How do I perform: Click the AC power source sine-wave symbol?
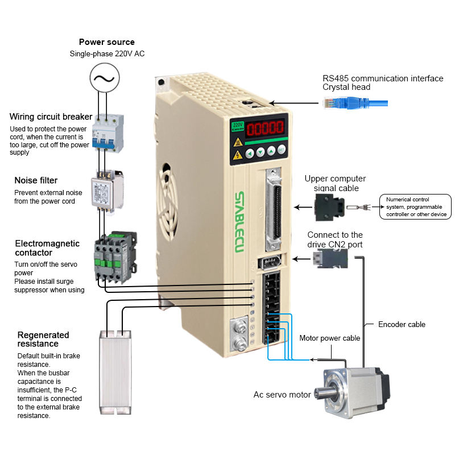(x=105, y=78)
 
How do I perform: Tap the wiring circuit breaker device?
(x=108, y=133)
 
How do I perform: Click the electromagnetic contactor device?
(x=115, y=257)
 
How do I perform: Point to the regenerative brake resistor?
(x=115, y=373)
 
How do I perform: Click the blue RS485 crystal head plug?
(x=355, y=104)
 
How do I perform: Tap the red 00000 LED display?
(x=265, y=128)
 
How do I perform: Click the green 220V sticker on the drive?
(x=237, y=126)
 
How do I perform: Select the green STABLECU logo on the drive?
(x=239, y=222)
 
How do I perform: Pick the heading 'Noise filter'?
(x=36, y=180)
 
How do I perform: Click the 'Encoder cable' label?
(x=402, y=324)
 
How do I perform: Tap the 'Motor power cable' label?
(x=330, y=338)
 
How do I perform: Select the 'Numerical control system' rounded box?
(x=415, y=206)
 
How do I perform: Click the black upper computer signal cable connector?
(x=330, y=207)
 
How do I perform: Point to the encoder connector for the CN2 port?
(x=330, y=258)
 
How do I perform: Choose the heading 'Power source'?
(x=107, y=42)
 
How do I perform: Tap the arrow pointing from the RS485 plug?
(x=293, y=103)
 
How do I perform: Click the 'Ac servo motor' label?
(x=282, y=395)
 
